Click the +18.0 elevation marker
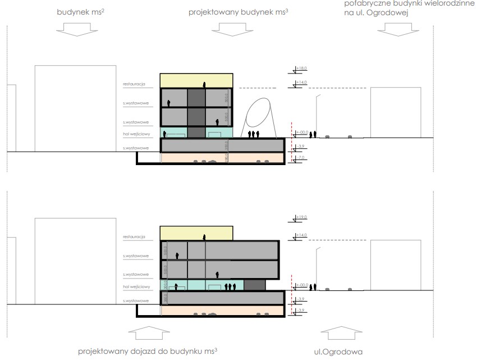tap(301, 69)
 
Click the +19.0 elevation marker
tap(301, 217)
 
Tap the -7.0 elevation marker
tap(301, 159)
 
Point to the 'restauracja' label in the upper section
tap(135, 85)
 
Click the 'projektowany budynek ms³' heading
tap(239, 11)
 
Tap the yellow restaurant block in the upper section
tap(196, 80)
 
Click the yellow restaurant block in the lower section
tap(196, 233)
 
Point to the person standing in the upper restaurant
tap(205, 84)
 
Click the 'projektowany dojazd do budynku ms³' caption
tap(148, 351)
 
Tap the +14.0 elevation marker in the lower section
tap(301, 236)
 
